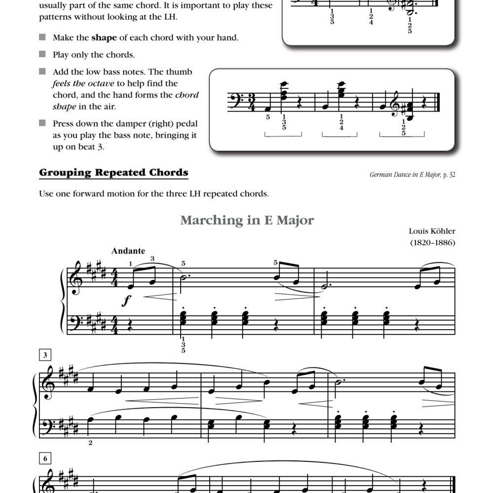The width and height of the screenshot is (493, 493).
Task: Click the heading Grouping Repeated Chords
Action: coord(114,173)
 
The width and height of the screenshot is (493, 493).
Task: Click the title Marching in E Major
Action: coord(247,220)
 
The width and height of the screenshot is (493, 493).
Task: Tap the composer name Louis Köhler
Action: coord(432,231)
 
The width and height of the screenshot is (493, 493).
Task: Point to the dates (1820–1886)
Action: coord(432,242)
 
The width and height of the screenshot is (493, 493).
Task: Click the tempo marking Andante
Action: coord(128,251)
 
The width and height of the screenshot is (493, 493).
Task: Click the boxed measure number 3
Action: coord(44,355)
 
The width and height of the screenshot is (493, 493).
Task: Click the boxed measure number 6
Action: coord(44,458)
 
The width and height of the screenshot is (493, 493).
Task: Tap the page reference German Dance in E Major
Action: coord(405,174)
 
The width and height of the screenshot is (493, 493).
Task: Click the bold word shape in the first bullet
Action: coord(104,38)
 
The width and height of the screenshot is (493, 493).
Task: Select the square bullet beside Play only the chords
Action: coord(42,54)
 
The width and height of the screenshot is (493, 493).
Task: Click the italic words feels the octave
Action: coord(84,83)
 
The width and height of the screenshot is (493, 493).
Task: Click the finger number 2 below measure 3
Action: coord(90,443)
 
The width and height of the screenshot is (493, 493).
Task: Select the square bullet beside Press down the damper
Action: coord(42,123)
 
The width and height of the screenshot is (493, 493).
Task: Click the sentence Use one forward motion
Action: coord(153,193)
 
